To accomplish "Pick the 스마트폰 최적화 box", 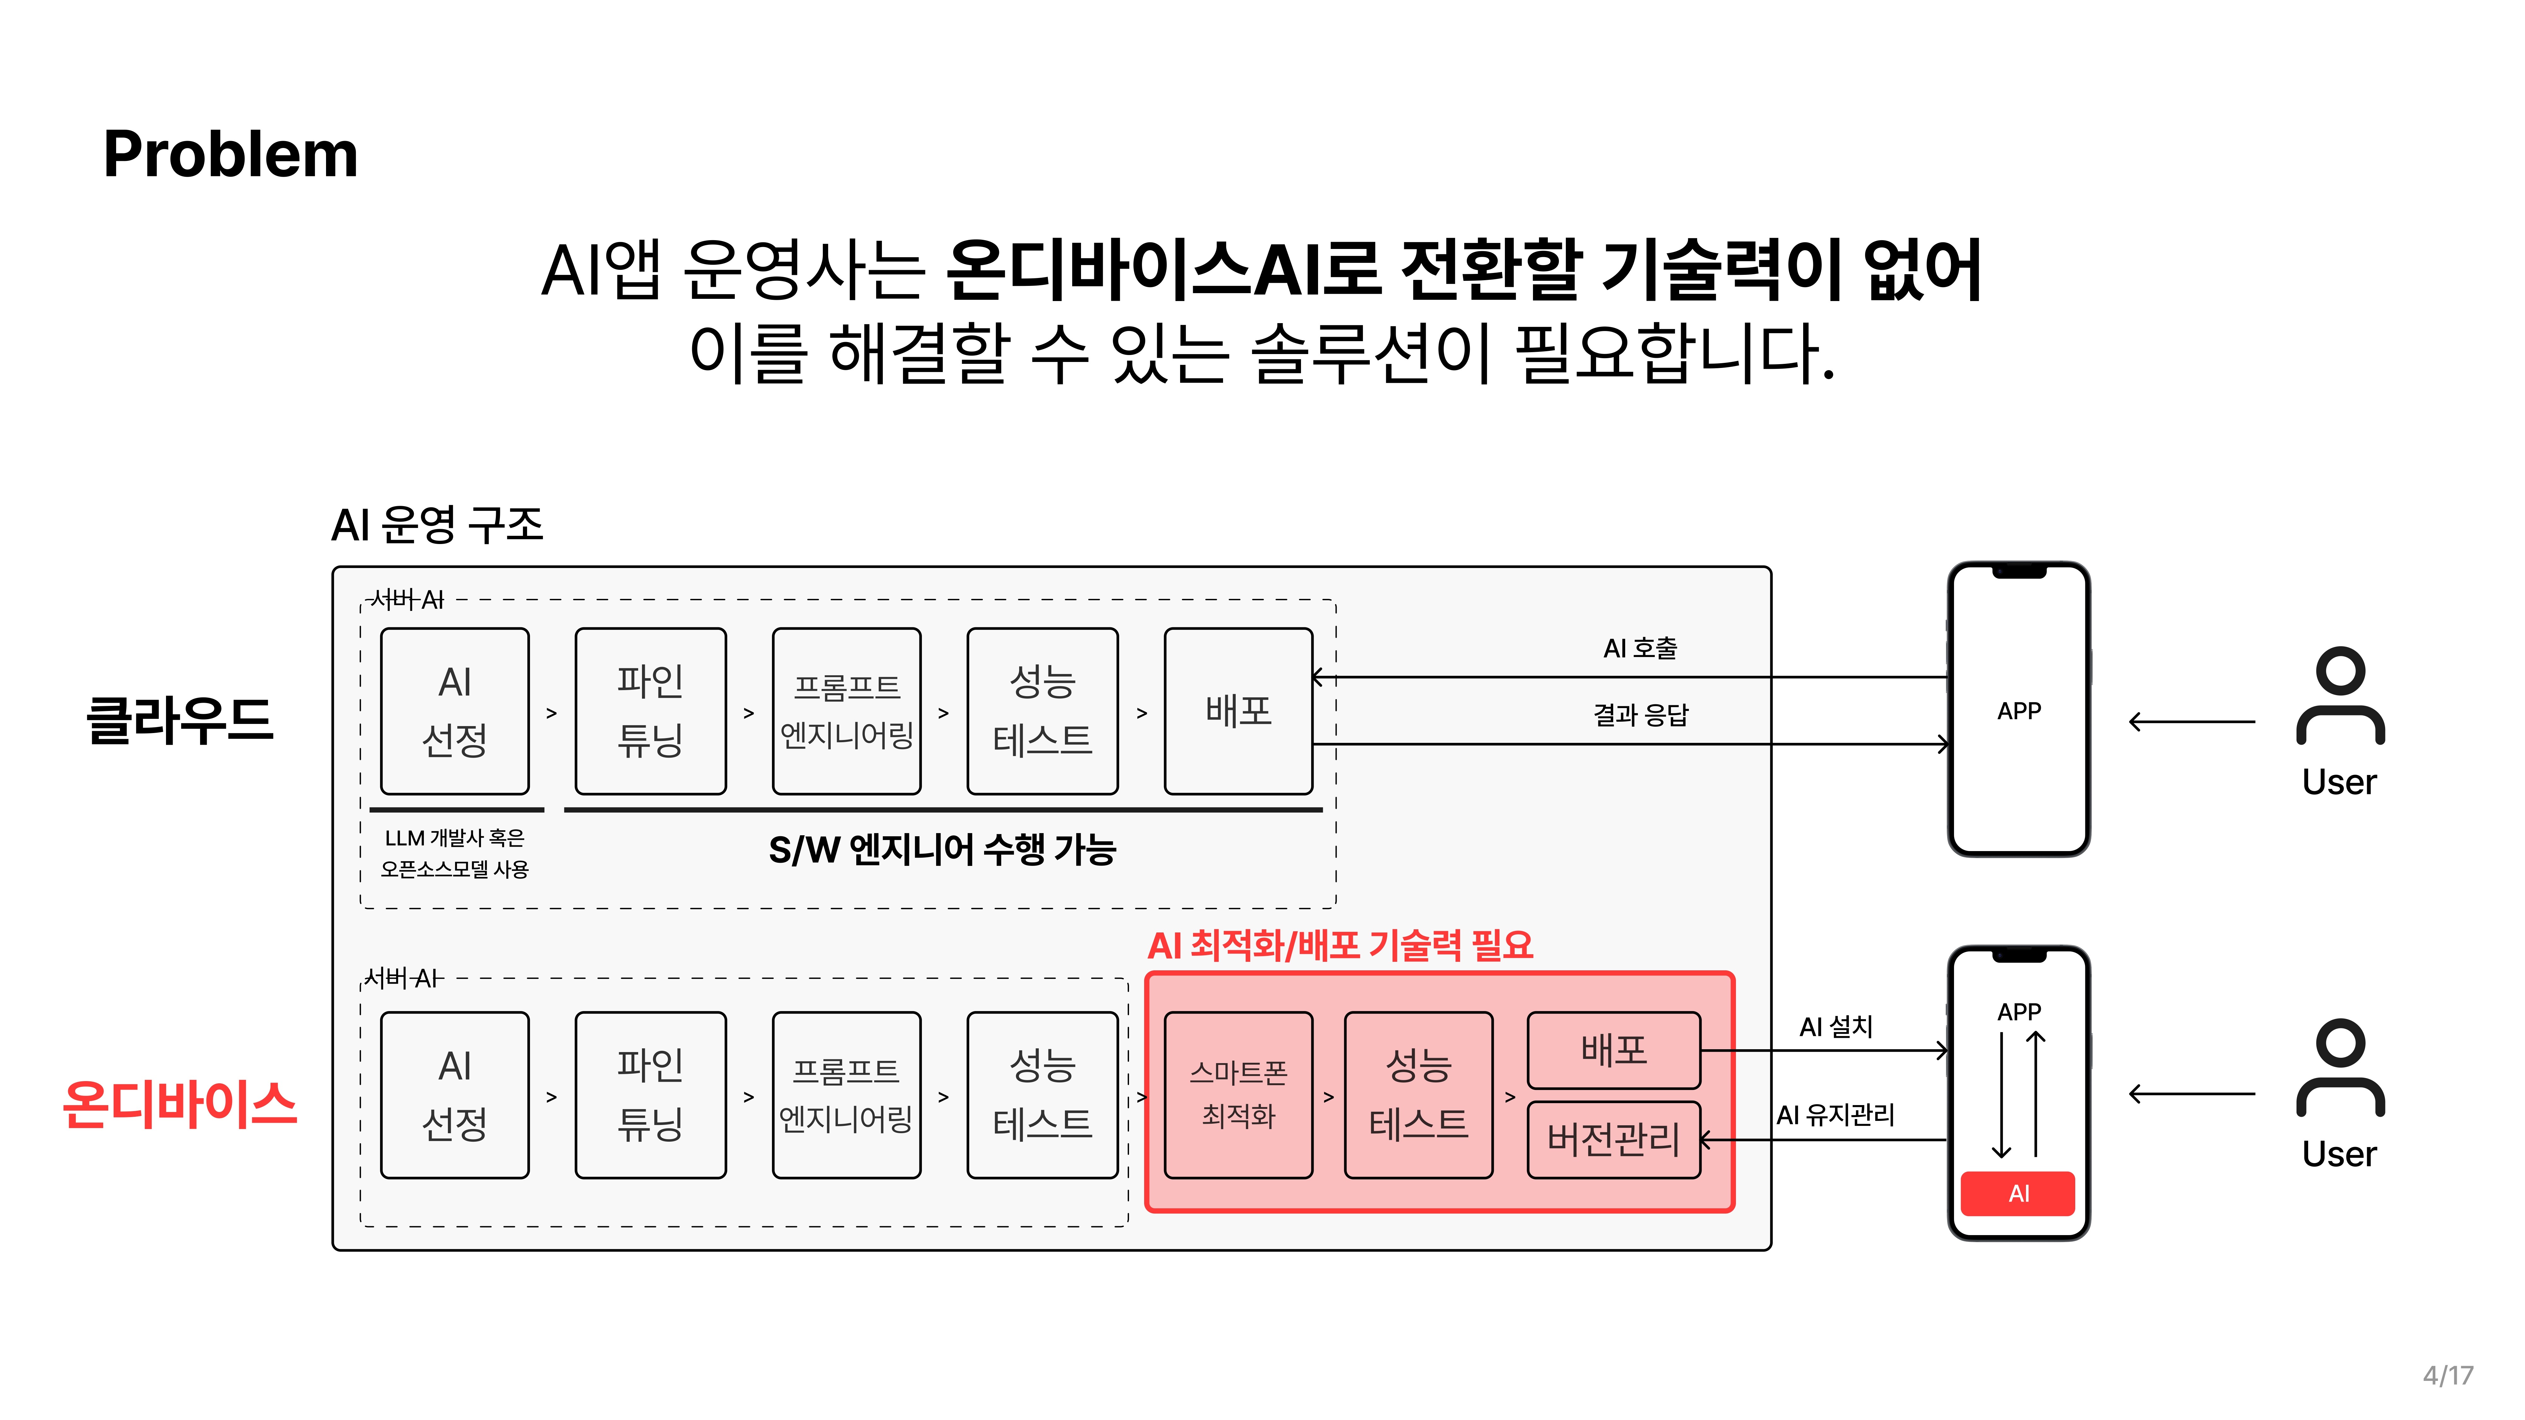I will [x=1238, y=1095].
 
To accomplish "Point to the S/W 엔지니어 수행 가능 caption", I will [x=942, y=850].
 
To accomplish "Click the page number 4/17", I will [x=2448, y=1375].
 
